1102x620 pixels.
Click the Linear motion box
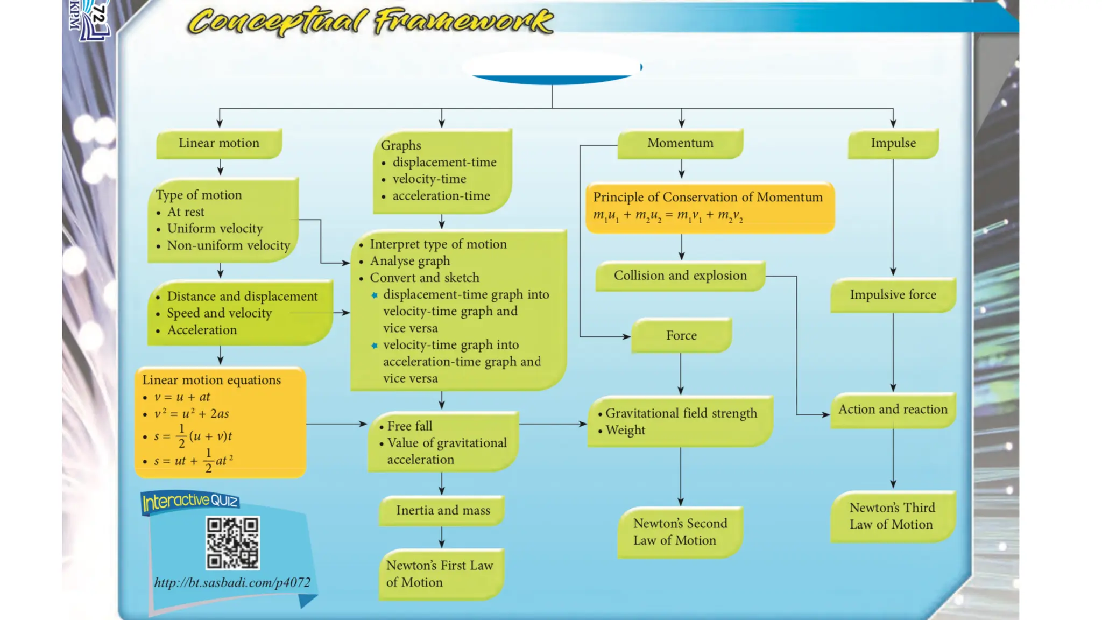click(219, 143)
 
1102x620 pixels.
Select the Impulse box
click(893, 143)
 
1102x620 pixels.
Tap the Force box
click(681, 335)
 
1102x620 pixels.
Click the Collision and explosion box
click(680, 276)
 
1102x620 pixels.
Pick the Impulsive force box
click(893, 295)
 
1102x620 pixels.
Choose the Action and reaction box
click(893, 410)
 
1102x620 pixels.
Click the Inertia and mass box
click(442, 510)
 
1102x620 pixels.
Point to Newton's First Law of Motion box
click(441, 574)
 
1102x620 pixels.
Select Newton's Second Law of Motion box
click(680, 532)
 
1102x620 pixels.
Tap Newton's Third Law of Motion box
click(892, 516)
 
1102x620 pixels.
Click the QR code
click(232, 542)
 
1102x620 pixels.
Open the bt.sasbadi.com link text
click(232, 582)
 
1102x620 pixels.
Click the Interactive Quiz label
click(190, 502)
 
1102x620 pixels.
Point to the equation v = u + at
click(182, 397)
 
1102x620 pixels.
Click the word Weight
click(625, 431)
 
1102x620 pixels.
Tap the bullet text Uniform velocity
click(215, 229)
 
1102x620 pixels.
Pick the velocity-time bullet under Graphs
click(429, 179)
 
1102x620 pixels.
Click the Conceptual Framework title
click(370, 22)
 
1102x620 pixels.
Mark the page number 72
click(97, 13)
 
